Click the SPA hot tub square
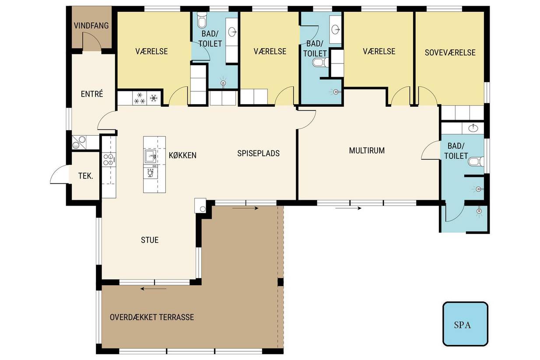[465, 324]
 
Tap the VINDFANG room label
[91, 25]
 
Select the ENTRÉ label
[92, 94]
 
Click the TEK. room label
[86, 176]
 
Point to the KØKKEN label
[182, 155]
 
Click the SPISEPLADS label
[259, 153]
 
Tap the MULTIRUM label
[367, 150]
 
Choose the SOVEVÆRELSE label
[450, 52]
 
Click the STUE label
[150, 240]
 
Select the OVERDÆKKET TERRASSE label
[152, 317]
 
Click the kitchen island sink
[151, 157]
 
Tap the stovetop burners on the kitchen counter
[109, 160]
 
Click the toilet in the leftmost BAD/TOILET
[201, 20]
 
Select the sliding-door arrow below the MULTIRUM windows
[348, 208]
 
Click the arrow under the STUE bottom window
[153, 288]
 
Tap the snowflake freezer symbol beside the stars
[153, 98]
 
